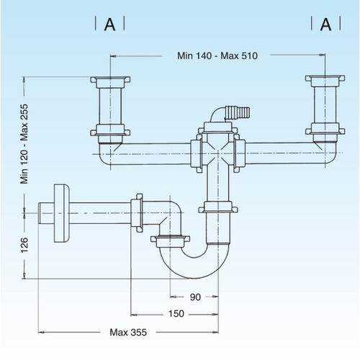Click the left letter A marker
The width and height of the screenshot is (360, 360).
(109, 24)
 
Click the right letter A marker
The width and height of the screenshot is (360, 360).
(325, 24)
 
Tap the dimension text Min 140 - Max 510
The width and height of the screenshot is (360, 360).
(217, 55)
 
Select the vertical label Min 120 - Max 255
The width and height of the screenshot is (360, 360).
(24, 144)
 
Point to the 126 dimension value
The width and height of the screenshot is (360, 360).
(24, 245)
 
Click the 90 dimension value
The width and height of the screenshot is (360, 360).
(195, 297)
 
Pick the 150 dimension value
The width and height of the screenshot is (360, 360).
(176, 314)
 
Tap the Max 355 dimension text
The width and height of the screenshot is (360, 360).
(128, 333)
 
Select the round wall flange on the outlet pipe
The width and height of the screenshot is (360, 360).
(62, 213)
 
